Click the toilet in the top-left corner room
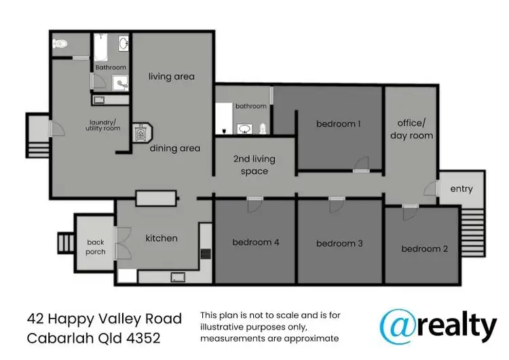[60, 43]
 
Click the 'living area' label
[172, 77]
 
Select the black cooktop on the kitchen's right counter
[206, 255]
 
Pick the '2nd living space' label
[254, 165]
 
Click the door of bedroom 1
[361, 164]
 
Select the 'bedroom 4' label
[255, 242]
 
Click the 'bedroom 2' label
[424, 249]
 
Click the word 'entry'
[461, 189]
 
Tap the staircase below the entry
[474, 232]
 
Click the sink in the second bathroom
[244, 128]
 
